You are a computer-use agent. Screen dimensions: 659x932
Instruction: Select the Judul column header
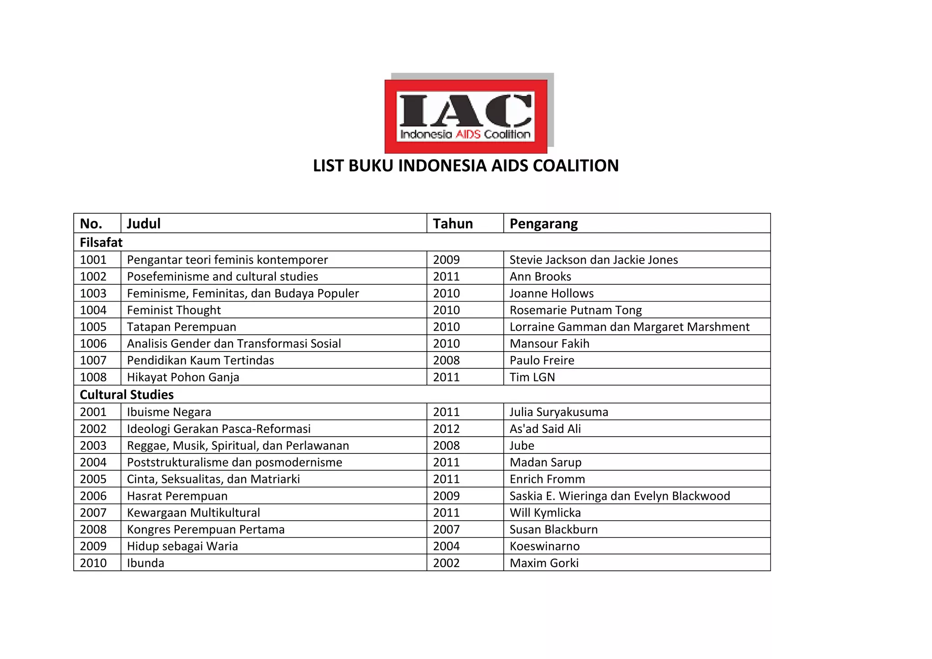coord(144,224)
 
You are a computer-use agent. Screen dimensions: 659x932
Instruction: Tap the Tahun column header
coord(453,224)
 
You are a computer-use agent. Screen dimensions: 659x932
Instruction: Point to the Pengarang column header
coord(543,224)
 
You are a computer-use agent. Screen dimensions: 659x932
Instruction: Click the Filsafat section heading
coord(101,242)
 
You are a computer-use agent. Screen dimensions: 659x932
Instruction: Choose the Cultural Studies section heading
coord(127,395)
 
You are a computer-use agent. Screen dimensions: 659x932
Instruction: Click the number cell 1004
coord(93,310)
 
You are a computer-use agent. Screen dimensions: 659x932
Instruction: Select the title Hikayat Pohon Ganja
coord(183,377)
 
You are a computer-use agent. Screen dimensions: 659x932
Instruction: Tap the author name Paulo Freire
coord(542,360)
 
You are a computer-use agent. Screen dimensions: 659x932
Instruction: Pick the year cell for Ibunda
coord(446,563)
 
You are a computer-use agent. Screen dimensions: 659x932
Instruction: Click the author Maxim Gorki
coord(544,563)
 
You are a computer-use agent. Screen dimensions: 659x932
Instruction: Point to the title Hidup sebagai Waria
coord(182,546)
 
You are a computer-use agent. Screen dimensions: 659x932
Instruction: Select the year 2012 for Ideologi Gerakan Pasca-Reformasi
coord(446,429)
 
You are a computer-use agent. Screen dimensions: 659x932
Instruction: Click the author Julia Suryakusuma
coord(559,412)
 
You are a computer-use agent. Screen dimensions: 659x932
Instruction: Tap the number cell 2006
coord(93,496)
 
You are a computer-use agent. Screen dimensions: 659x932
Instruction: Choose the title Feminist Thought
coord(174,310)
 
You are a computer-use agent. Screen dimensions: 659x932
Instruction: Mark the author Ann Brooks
coord(540,277)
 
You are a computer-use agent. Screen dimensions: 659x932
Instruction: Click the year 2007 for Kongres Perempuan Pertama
coord(446,529)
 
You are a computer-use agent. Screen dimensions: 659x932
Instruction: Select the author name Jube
coord(522,446)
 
